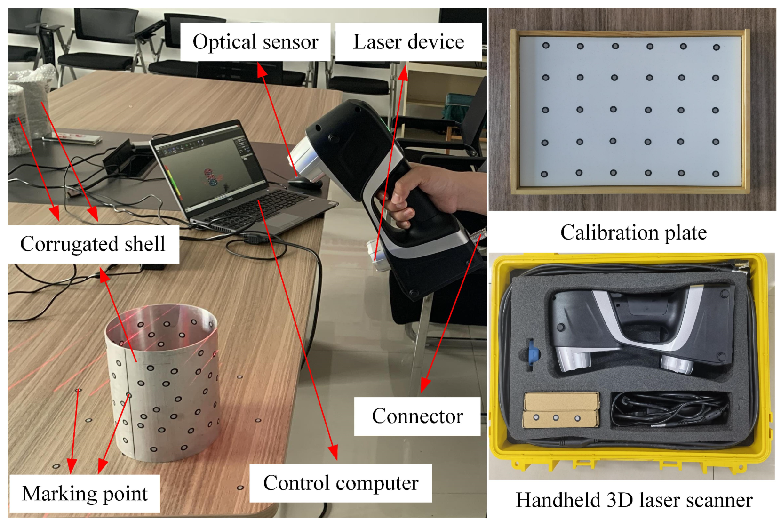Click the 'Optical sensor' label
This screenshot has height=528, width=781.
point(255,42)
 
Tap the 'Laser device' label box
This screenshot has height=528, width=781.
point(408,42)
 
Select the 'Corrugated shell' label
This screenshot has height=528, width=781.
point(93,244)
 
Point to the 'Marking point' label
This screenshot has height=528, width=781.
point(85,493)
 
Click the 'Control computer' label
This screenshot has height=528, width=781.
point(341,483)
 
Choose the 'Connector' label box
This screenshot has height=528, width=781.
point(417,416)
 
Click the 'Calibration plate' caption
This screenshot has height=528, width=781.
point(633,232)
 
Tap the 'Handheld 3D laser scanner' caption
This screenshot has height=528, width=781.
point(634,500)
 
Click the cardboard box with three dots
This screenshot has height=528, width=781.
point(561,410)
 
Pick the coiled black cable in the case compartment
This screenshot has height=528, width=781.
point(668,409)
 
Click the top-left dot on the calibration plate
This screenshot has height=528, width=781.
point(546,46)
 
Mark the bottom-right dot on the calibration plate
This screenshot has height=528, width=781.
point(716,174)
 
